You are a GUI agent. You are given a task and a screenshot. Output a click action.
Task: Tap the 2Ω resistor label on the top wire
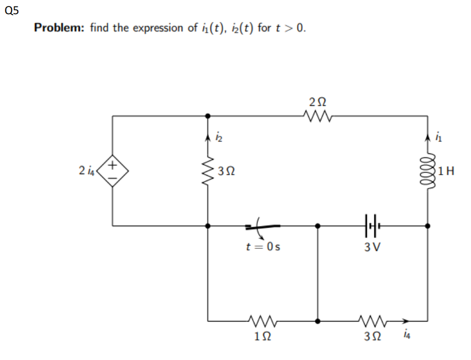(317, 102)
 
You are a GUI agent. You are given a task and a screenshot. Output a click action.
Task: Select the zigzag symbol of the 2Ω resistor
(317, 115)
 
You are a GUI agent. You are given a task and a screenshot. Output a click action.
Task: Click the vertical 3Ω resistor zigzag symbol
(207, 172)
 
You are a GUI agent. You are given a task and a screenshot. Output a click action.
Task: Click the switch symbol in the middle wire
(263, 225)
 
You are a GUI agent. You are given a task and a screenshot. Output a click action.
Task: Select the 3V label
(372, 247)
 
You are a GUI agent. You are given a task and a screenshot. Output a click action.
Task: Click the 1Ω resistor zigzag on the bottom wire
(263, 320)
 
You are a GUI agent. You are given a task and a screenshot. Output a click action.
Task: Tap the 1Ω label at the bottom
(263, 336)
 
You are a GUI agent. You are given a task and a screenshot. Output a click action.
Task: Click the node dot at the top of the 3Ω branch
(207, 115)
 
